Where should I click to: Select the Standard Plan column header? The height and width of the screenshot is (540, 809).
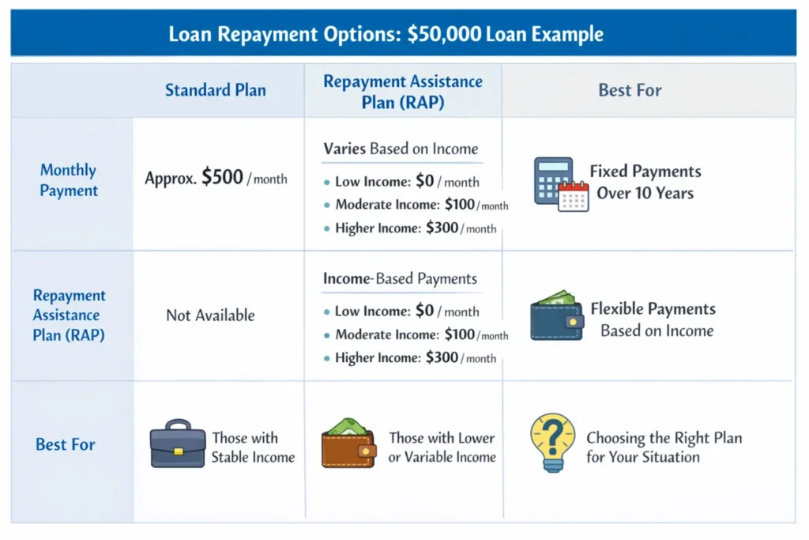pos(215,90)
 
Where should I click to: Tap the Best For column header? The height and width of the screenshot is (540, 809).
pos(630,90)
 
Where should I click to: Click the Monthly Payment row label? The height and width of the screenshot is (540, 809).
pos(69,180)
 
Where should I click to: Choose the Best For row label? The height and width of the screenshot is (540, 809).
pos(65,444)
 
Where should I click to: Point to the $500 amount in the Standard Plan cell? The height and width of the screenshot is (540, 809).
pos(222,178)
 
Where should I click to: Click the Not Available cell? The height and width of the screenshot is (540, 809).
pos(210,315)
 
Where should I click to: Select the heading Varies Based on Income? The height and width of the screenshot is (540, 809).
pos(401,149)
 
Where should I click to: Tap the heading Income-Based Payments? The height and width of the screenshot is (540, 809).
pos(400,278)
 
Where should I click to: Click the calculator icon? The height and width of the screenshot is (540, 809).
pos(552,179)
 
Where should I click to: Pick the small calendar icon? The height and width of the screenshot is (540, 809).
pos(574,196)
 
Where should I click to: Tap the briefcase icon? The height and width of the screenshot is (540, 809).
pos(178,444)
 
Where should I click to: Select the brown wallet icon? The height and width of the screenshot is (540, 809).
pos(348,444)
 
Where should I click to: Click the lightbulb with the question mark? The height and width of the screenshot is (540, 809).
pos(553,441)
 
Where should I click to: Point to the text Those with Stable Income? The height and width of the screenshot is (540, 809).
pos(252,447)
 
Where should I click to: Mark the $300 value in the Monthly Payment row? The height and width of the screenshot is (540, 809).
pos(442,228)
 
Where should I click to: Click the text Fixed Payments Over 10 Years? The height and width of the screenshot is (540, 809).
pos(645,182)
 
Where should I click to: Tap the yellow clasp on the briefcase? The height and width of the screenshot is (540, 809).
pos(178,451)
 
